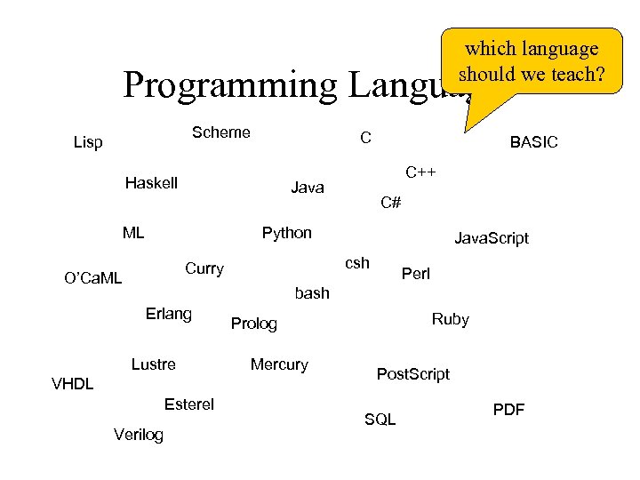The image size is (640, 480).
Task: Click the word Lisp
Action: pyautogui.click(x=88, y=142)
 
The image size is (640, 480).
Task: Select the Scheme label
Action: pyautogui.click(x=221, y=132)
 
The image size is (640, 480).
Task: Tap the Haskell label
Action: pyautogui.click(x=151, y=183)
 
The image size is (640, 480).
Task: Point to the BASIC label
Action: pyautogui.click(x=533, y=142)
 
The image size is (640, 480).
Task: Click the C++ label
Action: pyautogui.click(x=420, y=172)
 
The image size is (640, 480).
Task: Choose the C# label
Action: pyautogui.click(x=391, y=203)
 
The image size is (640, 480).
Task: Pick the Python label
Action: pyautogui.click(x=286, y=233)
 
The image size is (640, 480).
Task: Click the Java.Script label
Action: pyautogui.click(x=491, y=238)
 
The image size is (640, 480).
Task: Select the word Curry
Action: pyautogui.click(x=204, y=268)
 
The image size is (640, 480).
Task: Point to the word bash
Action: pyautogui.click(x=312, y=292)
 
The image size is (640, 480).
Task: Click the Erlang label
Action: pyautogui.click(x=168, y=313)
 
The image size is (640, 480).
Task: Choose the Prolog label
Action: pyautogui.click(x=254, y=324)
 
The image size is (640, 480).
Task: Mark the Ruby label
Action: pyautogui.click(x=450, y=319)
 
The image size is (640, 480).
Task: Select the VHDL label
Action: pyautogui.click(x=73, y=384)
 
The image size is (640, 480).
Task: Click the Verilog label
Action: pyautogui.click(x=139, y=435)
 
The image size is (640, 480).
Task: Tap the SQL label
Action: pyautogui.click(x=380, y=419)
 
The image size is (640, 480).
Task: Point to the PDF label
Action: pyautogui.click(x=508, y=410)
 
